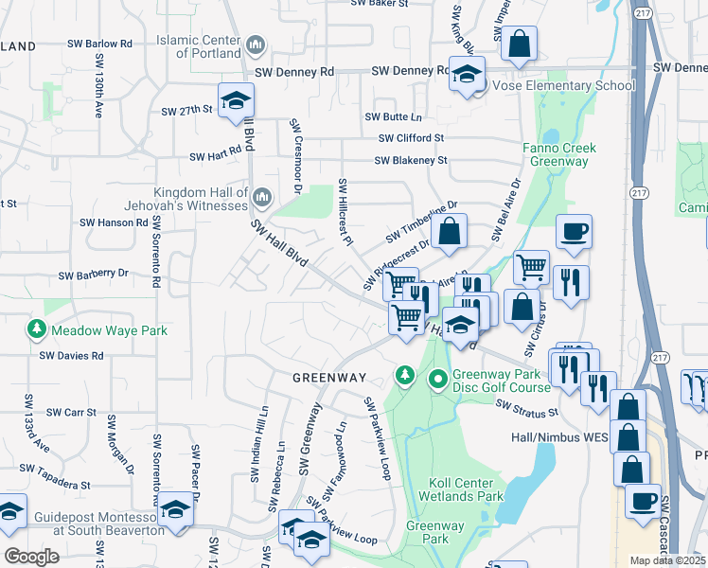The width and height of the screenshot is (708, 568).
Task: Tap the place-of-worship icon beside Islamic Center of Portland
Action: [x=256, y=45]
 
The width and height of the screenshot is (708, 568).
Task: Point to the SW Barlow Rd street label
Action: [x=99, y=44]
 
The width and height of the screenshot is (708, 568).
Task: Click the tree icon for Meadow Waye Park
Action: [x=36, y=330]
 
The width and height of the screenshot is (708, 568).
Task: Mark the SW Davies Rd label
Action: [x=71, y=356]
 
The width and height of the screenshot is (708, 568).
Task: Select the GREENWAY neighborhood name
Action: [x=328, y=378]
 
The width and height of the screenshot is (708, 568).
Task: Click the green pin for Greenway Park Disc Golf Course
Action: [x=438, y=381]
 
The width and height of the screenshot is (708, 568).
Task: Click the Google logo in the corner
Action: [x=31, y=556]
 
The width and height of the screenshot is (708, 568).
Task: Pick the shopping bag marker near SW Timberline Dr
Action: [x=449, y=231]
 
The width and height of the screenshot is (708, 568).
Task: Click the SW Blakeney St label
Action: [x=410, y=161]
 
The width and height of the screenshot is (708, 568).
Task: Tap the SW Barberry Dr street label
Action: [x=93, y=274]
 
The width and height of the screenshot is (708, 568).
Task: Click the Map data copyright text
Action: [x=668, y=560]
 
